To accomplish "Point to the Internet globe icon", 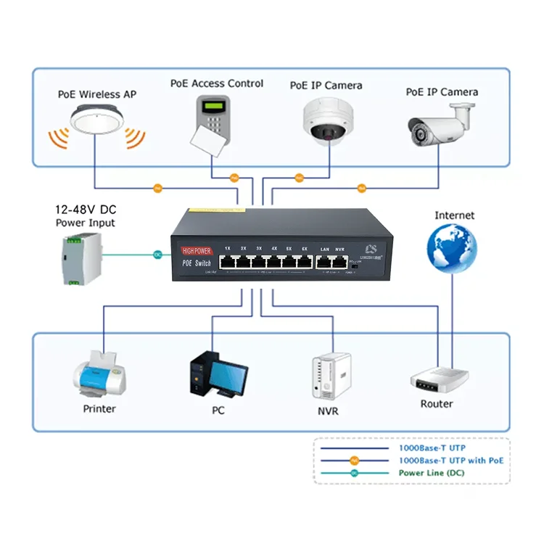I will point(451,248).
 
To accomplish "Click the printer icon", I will point(100,374).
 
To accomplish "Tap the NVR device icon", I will point(331,376).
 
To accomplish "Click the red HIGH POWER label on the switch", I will point(194,250).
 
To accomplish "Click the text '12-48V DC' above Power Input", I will point(85,209).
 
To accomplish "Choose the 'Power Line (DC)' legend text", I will point(432,473).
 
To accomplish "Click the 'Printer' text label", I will point(99,408).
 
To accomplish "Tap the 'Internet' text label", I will point(454,215).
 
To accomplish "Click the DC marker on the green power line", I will point(157,255).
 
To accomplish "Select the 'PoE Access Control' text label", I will point(217,83).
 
